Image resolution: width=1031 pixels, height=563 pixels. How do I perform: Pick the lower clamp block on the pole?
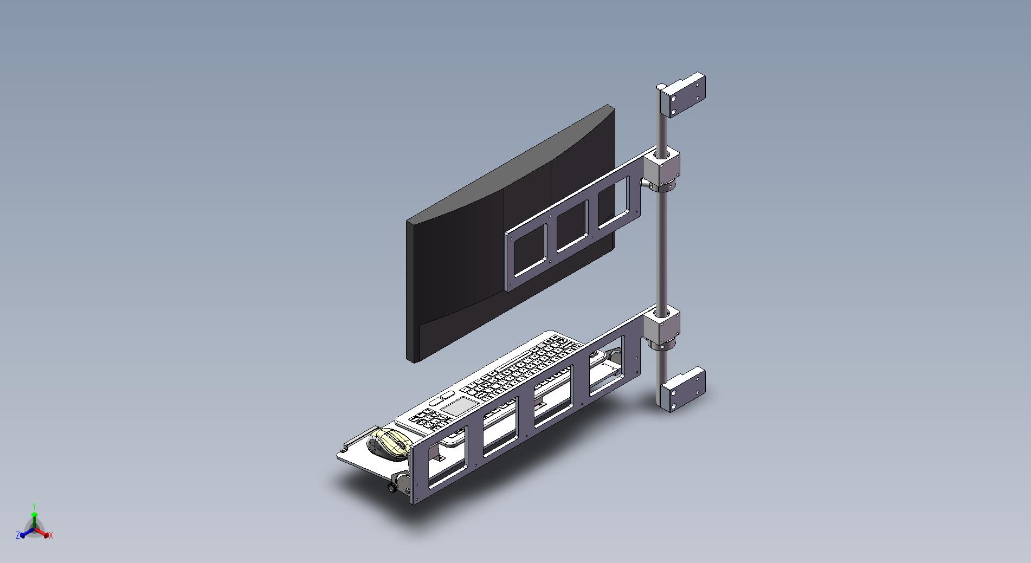click(x=661, y=327)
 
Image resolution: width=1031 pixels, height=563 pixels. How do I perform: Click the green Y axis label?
click(x=34, y=507)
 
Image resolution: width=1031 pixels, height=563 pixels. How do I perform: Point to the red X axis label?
click(x=50, y=535)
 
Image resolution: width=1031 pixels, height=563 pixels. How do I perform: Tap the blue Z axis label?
click(x=18, y=535)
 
